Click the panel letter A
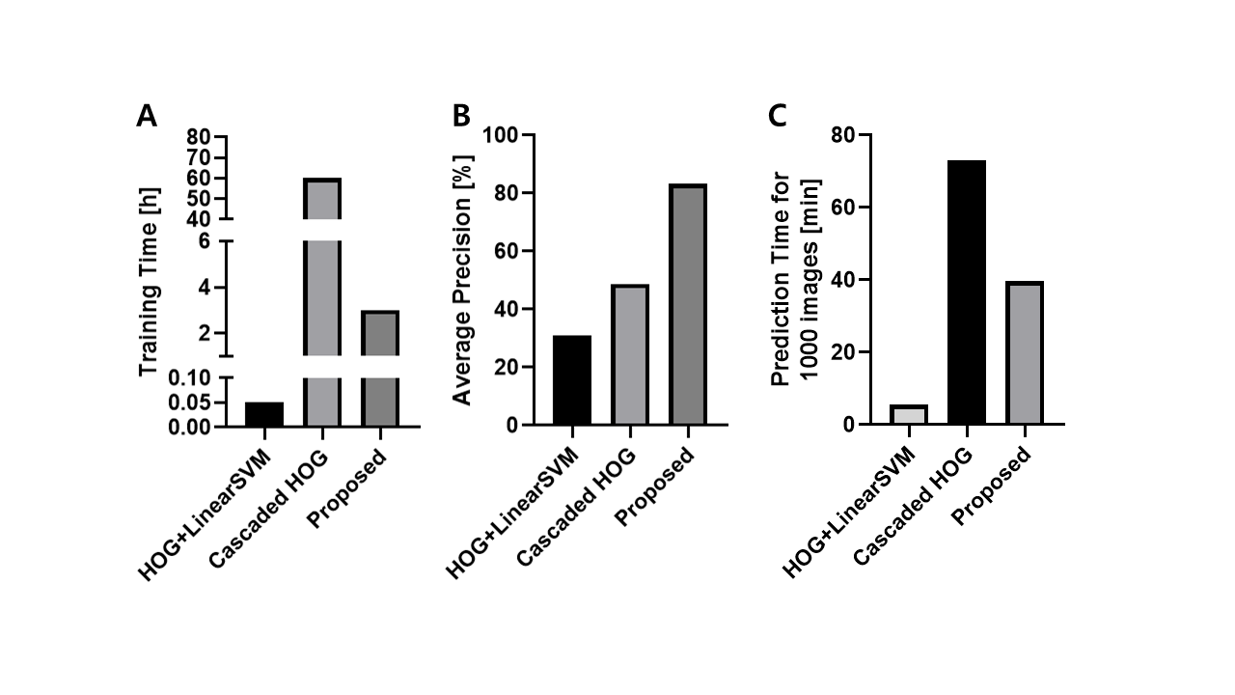click(147, 117)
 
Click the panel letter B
click(461, 117)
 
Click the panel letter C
click(778, 117)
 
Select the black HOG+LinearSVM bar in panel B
click(572, 380)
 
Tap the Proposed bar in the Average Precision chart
click(687, 304)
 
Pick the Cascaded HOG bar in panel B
click(629, 354)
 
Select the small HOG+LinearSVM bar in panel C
click(908, 415)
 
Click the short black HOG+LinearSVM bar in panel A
click(263, 414)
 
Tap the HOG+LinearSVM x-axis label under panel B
click(511, 516)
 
